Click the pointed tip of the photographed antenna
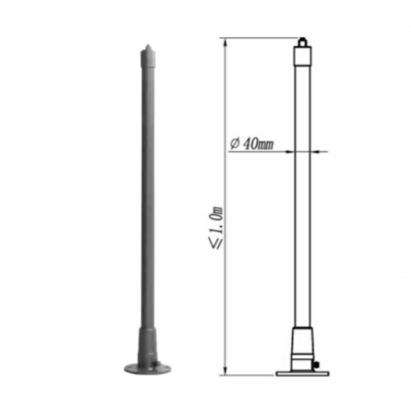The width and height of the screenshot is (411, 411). tap(147, 44)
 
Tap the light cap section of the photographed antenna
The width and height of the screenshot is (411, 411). tap(147, 58)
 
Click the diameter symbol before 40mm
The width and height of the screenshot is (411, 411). tap(235, 143)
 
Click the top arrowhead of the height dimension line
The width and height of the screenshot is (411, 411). tap(225, 41)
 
